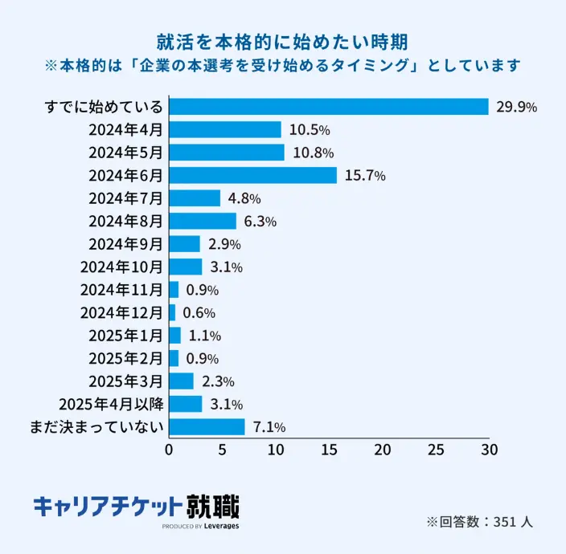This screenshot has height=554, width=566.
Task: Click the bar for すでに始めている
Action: [329, 107]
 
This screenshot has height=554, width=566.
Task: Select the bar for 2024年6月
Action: [252, 175]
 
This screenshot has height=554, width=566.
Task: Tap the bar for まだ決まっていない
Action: [207, 426]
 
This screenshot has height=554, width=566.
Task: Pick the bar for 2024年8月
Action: [203, 221]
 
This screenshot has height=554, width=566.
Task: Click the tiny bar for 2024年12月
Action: [172, 312]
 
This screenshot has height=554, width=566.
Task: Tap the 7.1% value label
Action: [269, 427]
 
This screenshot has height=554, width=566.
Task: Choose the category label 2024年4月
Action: [126, 129]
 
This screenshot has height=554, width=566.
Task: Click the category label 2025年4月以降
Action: [111, 404]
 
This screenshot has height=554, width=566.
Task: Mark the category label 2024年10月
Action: [122, 267]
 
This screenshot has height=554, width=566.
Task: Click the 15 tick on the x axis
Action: [329, 450]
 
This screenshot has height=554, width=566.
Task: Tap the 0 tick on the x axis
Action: [169, 450]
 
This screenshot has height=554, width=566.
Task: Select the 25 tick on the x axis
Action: [435, 450]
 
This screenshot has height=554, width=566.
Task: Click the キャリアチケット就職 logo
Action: [136, 507]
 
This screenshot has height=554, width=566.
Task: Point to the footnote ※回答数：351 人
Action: [479, 522]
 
